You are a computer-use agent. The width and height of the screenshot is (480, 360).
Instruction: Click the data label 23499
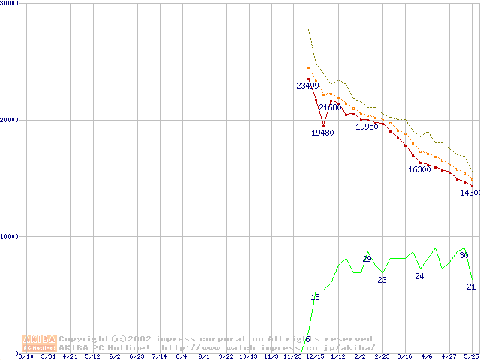point(307,85)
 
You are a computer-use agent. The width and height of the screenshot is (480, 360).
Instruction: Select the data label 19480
point(322,133)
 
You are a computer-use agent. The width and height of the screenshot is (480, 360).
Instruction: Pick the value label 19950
point(367,127)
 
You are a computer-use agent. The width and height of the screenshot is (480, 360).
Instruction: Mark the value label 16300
point(419,169)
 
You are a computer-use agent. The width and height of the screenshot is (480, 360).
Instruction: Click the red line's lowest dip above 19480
point(323,125)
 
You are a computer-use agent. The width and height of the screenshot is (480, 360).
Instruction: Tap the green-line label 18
point(315,298)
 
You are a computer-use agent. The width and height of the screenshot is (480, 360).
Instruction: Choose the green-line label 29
point(367,259)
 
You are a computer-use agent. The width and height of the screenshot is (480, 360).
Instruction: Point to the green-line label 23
point(382,280)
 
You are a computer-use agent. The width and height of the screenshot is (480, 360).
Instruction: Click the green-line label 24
point(419,276)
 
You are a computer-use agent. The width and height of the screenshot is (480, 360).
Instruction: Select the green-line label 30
point(463,255)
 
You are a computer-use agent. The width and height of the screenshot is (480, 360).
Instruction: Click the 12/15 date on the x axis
point(315,356)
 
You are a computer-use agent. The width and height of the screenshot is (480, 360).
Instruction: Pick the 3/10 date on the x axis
point(25,356)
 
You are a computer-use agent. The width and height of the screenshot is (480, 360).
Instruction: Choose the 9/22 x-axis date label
point(226,356)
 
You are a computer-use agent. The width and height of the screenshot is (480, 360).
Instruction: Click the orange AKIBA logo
point(39,343)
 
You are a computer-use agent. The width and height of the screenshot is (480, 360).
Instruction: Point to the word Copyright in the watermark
point(86,339)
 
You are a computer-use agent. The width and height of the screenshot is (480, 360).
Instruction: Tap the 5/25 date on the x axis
point(470,356)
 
